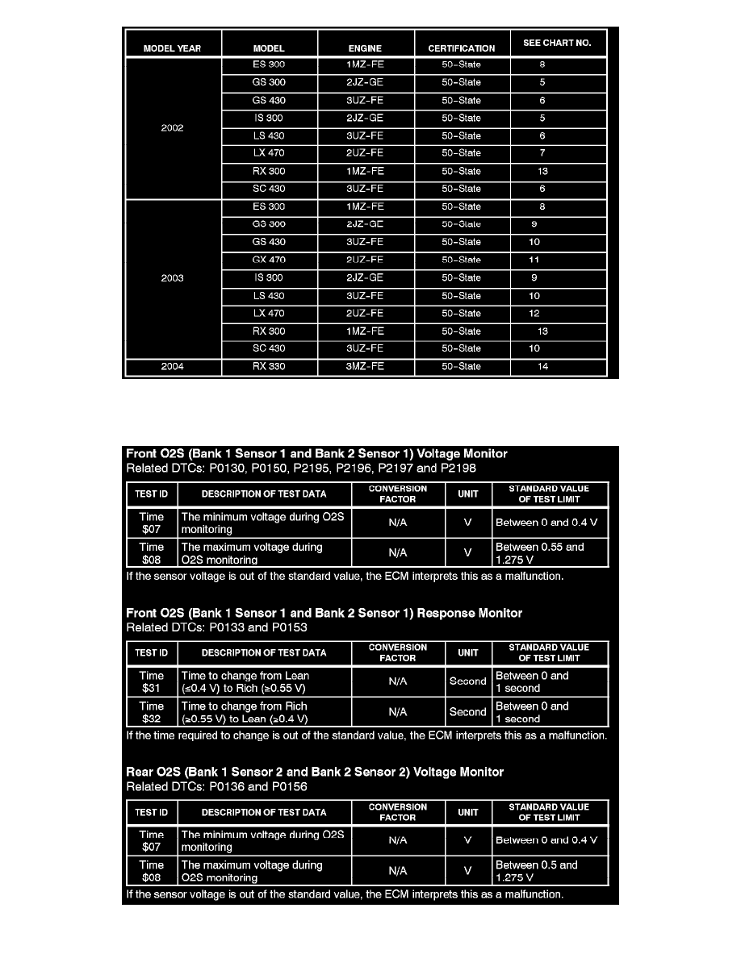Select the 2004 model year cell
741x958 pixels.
(x=172, y=367)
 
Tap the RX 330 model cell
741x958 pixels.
(x=269, y=367)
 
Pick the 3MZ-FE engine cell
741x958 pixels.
(x=365, y=367)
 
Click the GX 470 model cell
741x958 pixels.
(x=269, y=260)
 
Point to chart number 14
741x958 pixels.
(x=542, y=367)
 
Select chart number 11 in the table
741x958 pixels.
(x=534, y=260)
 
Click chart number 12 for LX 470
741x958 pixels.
(x=534, y=314)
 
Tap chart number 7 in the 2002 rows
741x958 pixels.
(x=542, y=153)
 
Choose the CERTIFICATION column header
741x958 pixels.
(x=462, y=48)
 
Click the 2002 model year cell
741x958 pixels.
(x=172, y=128)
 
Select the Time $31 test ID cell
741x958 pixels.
(x=152, y=682)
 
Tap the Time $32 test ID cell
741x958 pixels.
(x=152, y=712)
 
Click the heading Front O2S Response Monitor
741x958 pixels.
(x=324, y=614)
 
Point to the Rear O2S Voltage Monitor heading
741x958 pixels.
(x=315, y=773)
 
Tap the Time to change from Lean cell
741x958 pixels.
(x=264, y=682)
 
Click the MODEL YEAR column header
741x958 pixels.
(x=172, y=48)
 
